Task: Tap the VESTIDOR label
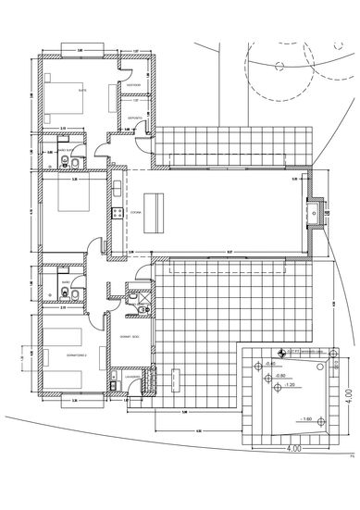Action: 134,86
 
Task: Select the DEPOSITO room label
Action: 134,118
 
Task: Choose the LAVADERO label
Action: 132,377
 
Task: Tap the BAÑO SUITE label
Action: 66,148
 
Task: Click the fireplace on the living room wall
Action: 317,213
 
